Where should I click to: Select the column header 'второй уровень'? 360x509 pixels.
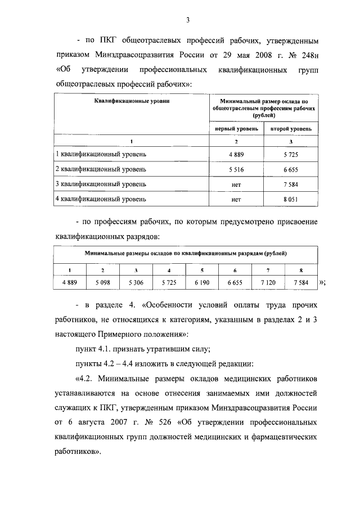pos(291,129)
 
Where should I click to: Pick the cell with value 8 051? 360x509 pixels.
pos(291,199)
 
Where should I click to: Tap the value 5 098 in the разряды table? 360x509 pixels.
pos(103,282)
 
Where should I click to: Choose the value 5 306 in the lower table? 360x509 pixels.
pos(136,282)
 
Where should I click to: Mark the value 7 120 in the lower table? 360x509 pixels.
pos(268,282)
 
